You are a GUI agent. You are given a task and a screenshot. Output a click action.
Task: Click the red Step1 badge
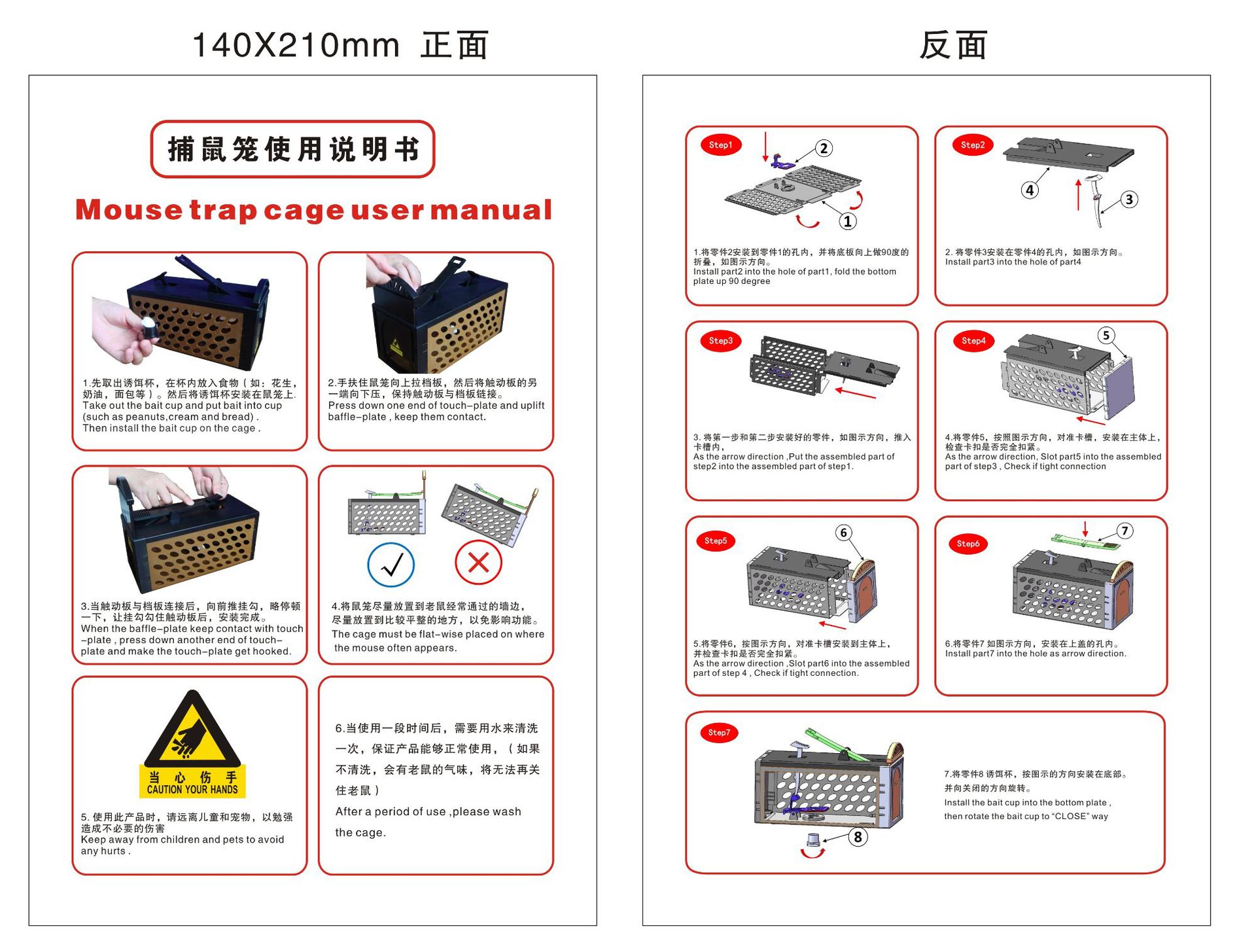(720, 145)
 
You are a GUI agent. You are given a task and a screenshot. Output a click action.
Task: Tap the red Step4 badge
(973, 341)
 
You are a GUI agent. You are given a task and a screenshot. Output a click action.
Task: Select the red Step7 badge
(718, 732)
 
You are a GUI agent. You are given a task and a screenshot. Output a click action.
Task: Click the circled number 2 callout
(824, 149)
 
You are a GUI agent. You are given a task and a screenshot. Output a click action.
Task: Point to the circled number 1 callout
(848, 221)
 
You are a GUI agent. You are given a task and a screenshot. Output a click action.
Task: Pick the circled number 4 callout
(1030, 190)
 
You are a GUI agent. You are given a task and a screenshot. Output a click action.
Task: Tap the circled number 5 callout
(1106, 335)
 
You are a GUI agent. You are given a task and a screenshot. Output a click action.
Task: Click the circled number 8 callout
(858, 837)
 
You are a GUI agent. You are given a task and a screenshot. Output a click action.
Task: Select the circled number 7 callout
(1125, 531)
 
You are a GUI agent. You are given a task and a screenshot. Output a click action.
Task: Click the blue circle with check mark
(391, 565)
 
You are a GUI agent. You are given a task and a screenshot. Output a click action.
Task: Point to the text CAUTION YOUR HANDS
(192, 790)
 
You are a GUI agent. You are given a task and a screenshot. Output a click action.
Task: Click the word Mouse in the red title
(129, 210)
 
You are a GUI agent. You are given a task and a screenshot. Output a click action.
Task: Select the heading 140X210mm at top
(296, 45)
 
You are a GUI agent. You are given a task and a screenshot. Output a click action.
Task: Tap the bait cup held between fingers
(150, 328)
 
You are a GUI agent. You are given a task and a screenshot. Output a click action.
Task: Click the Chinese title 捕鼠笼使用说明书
(293, 149)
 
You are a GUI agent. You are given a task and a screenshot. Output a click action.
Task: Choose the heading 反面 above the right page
(953, 45)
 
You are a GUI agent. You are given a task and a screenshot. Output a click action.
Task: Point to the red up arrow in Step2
(1078, 195)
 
